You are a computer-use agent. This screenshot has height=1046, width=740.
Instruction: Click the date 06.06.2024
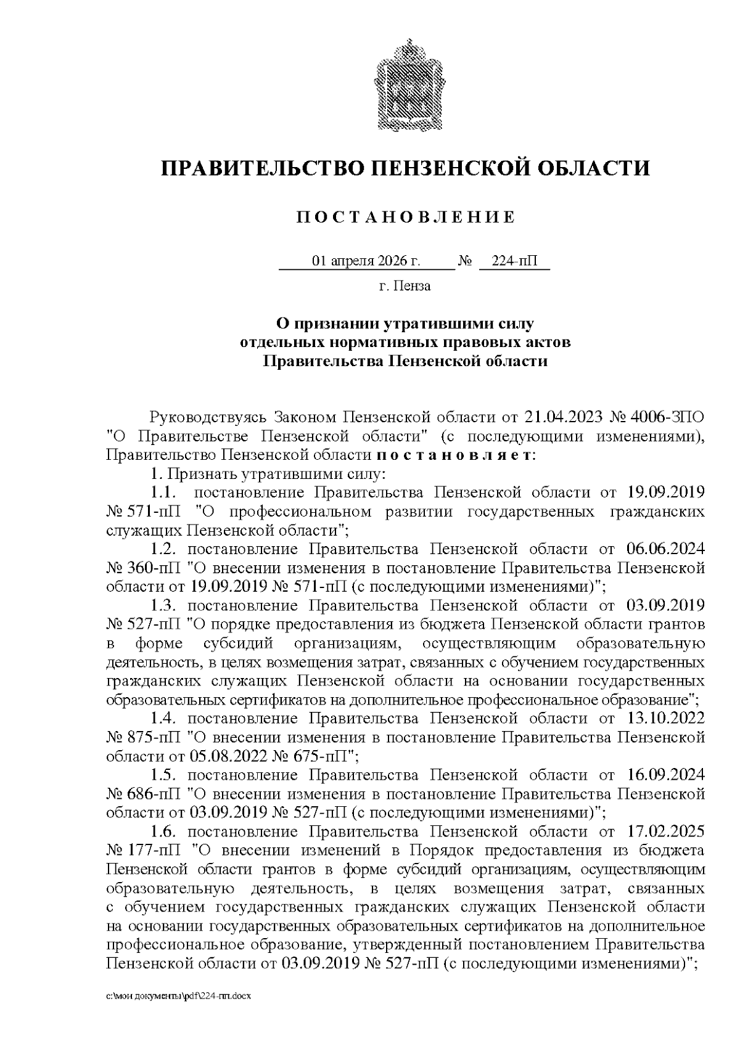coord(665,549)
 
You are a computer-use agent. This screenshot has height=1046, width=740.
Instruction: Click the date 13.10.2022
coord(665,719)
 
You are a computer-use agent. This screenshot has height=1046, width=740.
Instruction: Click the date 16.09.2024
coord(665,775)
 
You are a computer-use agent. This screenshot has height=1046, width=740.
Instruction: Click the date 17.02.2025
coord(665,831)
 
